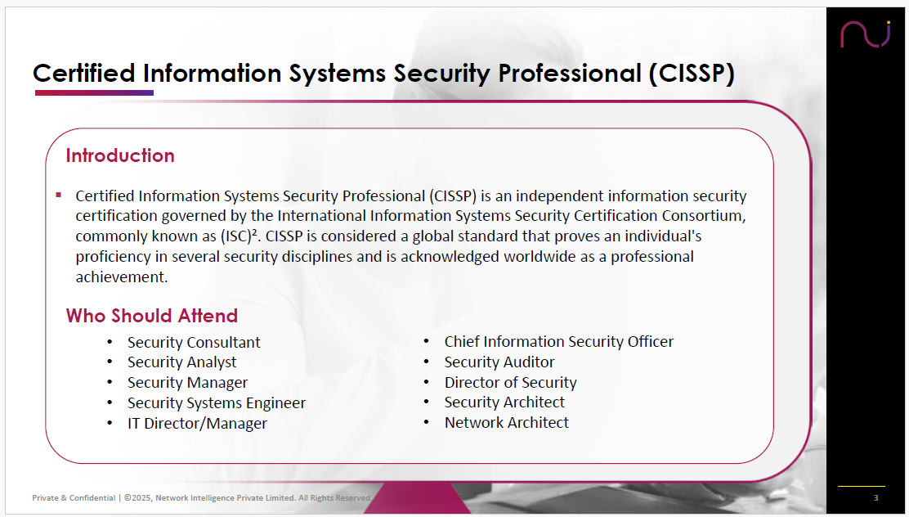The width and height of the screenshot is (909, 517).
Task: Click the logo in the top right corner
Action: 865,34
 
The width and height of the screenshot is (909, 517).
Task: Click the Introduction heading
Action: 120,155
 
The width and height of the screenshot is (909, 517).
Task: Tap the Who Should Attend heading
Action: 152,316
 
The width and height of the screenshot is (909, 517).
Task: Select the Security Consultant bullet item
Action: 194,342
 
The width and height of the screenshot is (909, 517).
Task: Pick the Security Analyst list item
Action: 182,362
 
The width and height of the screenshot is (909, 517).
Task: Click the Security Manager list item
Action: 187,383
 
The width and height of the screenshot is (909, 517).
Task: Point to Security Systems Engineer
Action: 217,403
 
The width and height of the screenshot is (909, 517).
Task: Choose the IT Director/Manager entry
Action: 197,424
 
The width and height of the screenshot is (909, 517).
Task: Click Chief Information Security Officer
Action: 559,342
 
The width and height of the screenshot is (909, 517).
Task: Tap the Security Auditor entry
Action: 499,362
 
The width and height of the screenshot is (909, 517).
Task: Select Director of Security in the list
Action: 510,382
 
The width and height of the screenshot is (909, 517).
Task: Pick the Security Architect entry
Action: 504,402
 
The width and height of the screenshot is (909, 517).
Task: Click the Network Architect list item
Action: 506,422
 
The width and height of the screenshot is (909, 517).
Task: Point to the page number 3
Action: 876,497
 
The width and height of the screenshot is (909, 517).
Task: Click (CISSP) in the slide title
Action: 692,74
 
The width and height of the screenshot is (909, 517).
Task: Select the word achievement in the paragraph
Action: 121,276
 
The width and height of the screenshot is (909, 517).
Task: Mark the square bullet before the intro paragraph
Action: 59,195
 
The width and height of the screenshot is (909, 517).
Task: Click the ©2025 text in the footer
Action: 137,498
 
